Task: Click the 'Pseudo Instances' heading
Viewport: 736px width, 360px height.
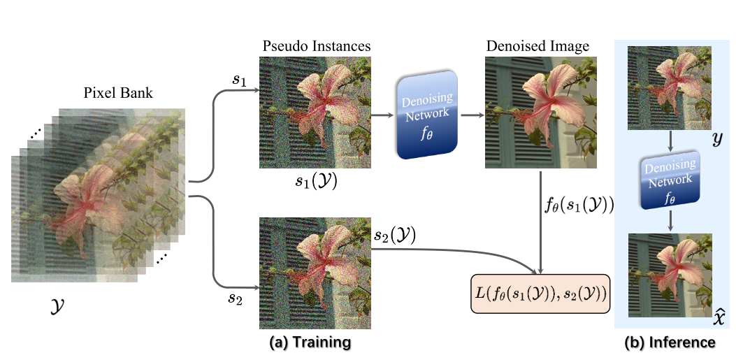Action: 316,46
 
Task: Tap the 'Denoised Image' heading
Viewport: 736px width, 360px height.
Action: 537,46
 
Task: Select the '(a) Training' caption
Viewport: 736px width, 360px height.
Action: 310,343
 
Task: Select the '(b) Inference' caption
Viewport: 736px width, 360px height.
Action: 670,343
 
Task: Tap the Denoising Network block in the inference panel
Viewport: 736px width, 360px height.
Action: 670,180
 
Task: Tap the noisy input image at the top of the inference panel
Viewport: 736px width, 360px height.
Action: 669,87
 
